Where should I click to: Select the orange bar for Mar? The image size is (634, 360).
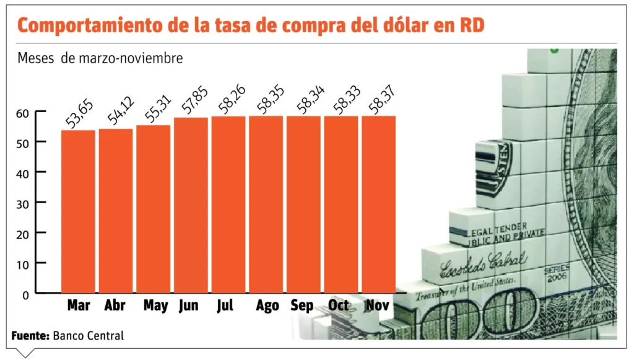[x=78, y=211]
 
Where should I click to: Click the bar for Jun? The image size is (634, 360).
[x=191, y=204]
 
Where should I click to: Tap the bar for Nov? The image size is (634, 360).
[x=378, y=204]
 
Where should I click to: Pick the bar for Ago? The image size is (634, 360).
[x=266, y=204]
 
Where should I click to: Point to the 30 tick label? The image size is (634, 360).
[x=22, y=203]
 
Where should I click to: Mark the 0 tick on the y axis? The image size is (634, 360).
[x=25, y=295]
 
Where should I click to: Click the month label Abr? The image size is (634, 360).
[x=115, y=305]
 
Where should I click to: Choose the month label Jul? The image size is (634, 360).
[x=226, y=305]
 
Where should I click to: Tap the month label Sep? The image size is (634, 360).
[x=302, y=305]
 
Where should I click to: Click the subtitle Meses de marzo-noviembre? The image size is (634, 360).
[x=100, y=59]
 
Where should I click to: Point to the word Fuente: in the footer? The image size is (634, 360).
[x=30, y=336]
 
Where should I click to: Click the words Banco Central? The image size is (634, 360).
[x=89, y=336]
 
